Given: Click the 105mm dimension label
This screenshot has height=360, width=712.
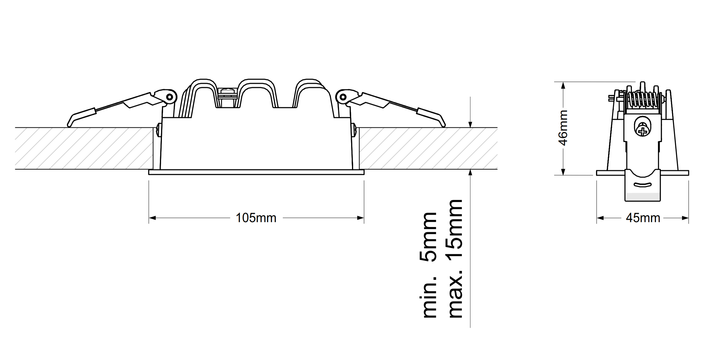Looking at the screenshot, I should (x=256, y=218).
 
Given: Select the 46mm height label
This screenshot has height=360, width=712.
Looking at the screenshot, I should (x=564, y=128).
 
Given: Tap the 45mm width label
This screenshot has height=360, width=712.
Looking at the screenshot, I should (x=643, y=218).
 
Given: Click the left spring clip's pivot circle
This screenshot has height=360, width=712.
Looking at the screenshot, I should (x=170, y=97).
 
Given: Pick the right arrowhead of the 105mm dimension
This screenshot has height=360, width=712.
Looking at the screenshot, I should (x=361, y=218).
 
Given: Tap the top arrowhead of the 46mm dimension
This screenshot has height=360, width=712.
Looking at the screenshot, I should (x=563, y=86).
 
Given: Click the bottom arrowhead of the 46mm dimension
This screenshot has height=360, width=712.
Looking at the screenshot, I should (x=563, y=172).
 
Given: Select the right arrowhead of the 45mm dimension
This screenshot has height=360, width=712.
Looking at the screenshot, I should (x=685, y=218).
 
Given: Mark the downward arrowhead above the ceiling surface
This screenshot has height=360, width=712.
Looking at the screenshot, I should (x=470, y=124).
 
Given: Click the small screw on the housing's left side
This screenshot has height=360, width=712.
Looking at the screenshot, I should (x=158, y=130).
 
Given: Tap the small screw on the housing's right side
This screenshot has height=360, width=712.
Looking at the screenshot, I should (x=355, y=130).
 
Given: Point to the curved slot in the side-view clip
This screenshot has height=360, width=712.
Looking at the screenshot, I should (x=642, y=185).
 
